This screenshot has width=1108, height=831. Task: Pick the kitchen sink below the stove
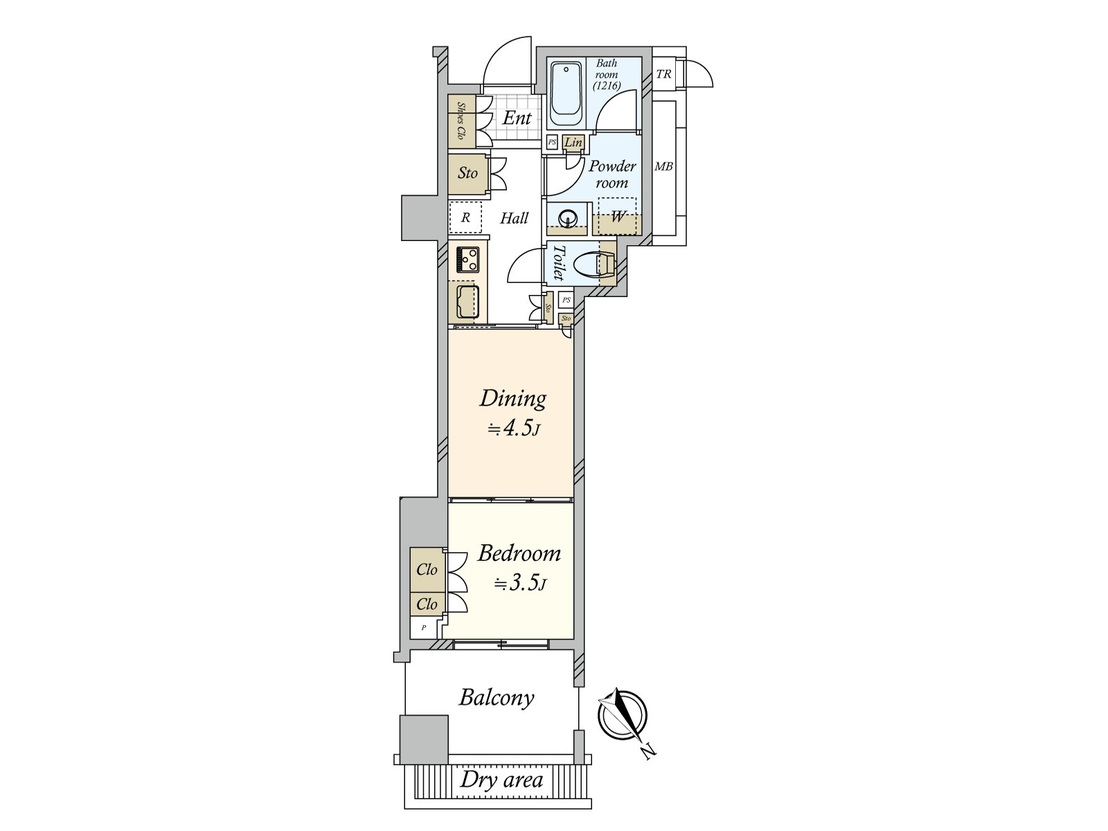click(x=467, y=301)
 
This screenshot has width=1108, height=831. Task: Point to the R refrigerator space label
click(x=466, y=217)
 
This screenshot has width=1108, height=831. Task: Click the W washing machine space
click(x=618, y=216)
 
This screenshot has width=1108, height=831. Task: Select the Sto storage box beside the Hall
click(x=467, y=173)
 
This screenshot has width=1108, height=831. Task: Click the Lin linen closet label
click(x=573, y=143)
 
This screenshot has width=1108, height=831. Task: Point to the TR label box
click(x=663, y=73)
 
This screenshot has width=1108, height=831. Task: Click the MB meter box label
click(x=663, y=167)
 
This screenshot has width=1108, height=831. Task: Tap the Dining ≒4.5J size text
click(x=513, y=429)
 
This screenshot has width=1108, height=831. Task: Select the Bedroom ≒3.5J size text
click(x=520, y=584)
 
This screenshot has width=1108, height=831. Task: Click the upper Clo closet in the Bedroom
click(x=427, y=570)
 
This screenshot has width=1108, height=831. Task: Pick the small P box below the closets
click(x=424, y=628)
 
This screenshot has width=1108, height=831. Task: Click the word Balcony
click(x=497, y=697)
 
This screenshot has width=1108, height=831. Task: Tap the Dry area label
click(x=501, y=780)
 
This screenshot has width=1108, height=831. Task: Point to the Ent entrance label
click(x=517, y=118)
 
